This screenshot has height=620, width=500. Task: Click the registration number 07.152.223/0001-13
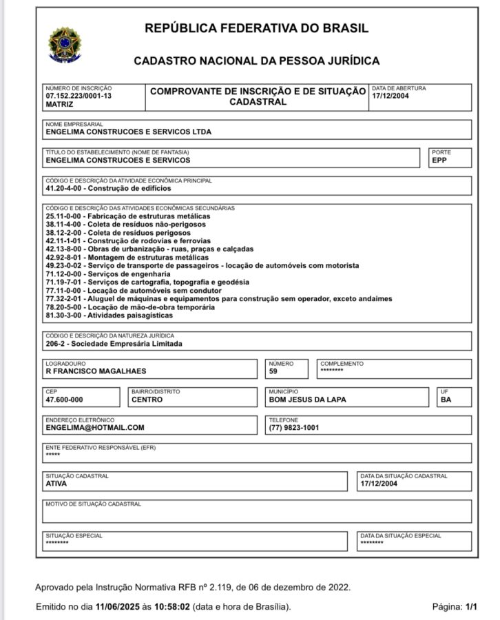78,97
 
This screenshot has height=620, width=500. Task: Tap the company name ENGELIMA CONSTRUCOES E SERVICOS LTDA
128,132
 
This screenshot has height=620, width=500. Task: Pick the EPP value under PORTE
439,160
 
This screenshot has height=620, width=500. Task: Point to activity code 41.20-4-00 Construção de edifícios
107,187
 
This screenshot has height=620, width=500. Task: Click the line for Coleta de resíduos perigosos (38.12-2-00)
116,233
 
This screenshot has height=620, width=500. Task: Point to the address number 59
274,372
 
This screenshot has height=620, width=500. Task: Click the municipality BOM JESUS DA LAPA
307,400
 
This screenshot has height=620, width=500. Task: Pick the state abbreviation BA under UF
446,400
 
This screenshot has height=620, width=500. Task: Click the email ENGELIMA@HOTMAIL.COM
95,428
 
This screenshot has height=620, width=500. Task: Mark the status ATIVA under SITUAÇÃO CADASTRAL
56,484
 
